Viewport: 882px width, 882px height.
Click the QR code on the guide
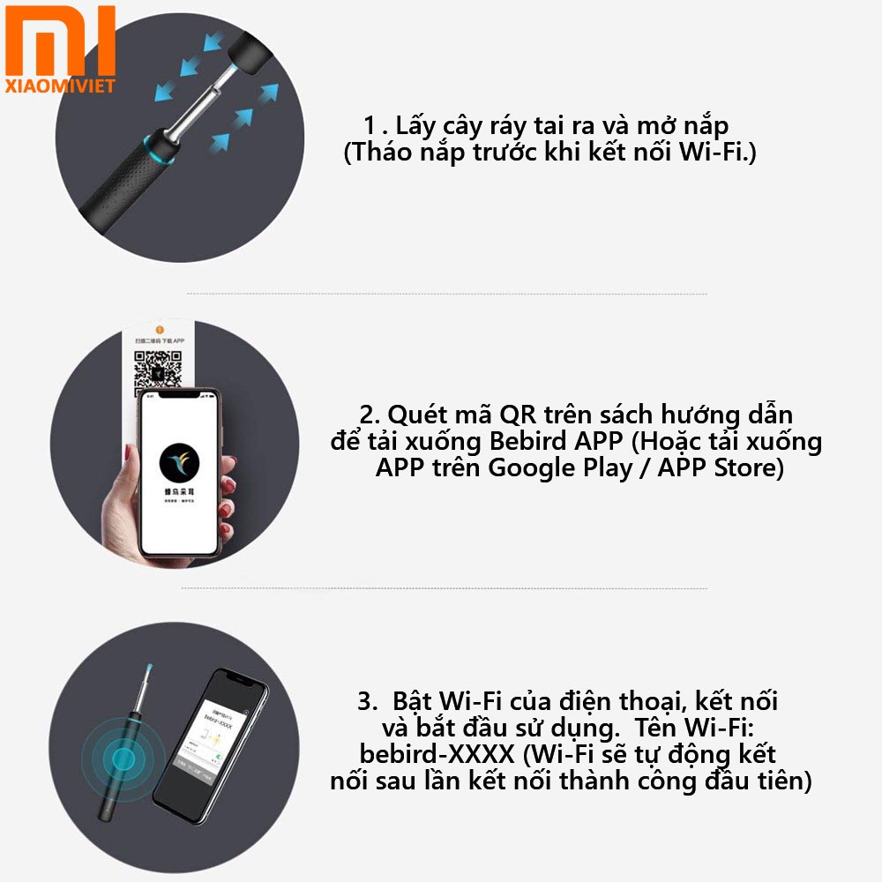pyautogui.click(x=157, y=371)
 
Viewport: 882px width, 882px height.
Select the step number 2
pyautogui.click(x=368, y=415)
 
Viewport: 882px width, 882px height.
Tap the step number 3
pyautogui.click(x=367, y=702)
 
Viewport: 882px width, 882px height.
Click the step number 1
pyautogui.click(x=370, y=124)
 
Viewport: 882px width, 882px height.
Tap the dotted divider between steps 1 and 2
pyautogui.click(x=446, y=294)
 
